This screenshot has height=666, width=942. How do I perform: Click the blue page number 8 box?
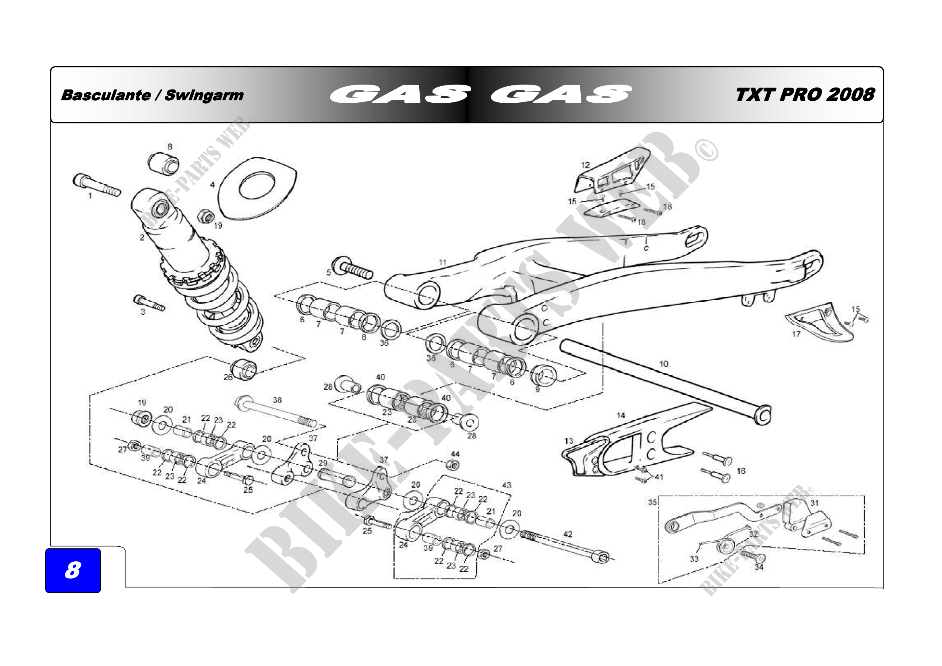pyautogui.click(x=72, y=570)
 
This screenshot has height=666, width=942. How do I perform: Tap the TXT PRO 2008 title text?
pyautogui.click(x=805, y=94)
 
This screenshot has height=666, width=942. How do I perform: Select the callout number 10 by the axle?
pyautogui.click(x=663, y=364)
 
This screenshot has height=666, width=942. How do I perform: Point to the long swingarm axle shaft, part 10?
pyautogui.click(x=665, y=382)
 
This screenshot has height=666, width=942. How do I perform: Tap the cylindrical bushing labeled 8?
pyautogui.click(x=163, y=164)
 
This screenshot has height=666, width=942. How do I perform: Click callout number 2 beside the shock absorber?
pyautogui.click(x=142, y=237)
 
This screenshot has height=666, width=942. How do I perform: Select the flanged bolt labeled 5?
pyautogui.click(x=352, y=268)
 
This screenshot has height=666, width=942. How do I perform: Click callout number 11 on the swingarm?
pyautogui.click(x=442, y=262)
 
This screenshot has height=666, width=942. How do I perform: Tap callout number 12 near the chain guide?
pyautogui.click(x=585, y=165)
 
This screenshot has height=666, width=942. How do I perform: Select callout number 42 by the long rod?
pyautogui.click(x=568, y=534)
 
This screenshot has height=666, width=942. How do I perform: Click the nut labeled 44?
pyautogui.click(x=453, y=465)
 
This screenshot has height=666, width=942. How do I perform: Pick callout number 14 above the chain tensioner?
pyautogui.click(x=621, y=415)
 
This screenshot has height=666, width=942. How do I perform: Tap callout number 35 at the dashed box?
pyautogui.click(x=652, y=502)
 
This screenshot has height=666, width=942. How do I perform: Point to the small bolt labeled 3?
pyautogui.click(x=149, y=303)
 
